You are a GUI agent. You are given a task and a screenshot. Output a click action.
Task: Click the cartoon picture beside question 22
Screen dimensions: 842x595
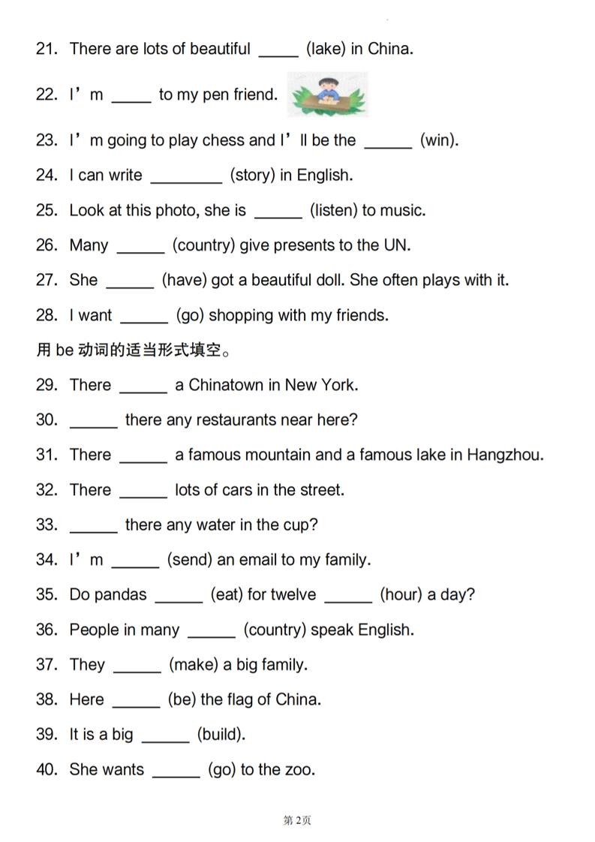click(327, 95)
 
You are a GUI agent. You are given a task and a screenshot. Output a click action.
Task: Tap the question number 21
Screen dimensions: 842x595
click(47, 50)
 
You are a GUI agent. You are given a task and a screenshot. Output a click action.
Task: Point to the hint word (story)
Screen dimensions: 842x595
click(253, 176)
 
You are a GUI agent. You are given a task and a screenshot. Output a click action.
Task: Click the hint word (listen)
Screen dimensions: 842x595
click(333, 211)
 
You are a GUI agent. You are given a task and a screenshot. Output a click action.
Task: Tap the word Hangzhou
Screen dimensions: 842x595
click(504, 456)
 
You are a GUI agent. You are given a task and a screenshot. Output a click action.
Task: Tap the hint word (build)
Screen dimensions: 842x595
click(221, 735)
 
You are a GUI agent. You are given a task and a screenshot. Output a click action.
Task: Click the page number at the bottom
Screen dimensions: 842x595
click(297, 820)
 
